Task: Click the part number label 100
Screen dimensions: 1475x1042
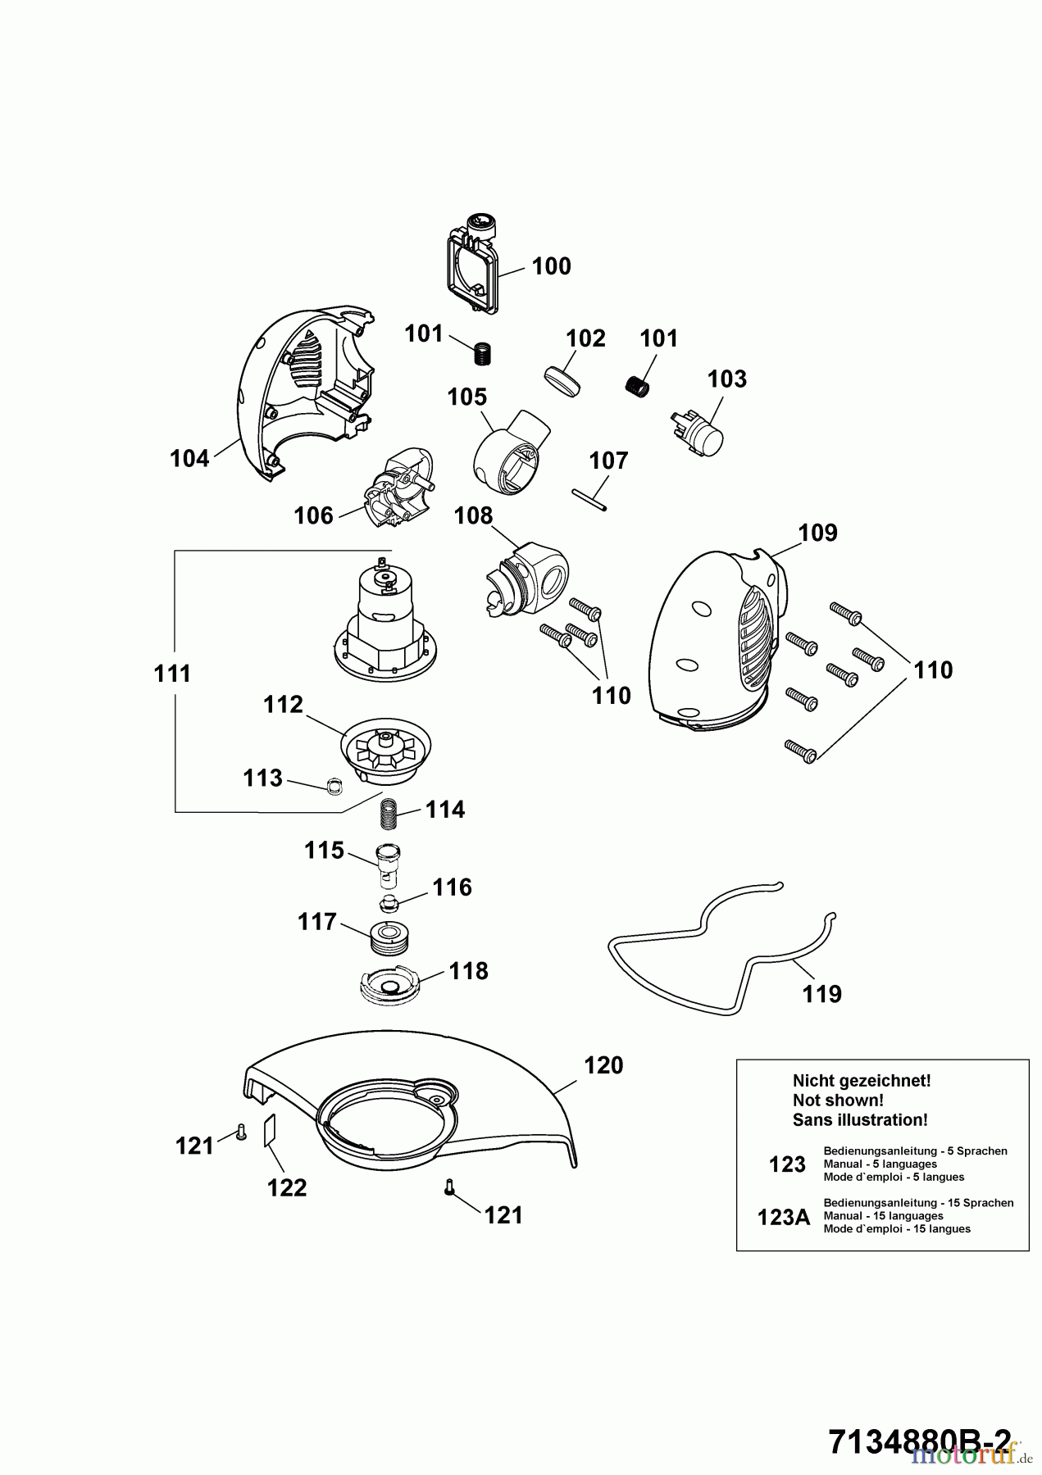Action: coord(551,266)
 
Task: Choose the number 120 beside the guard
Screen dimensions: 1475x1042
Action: coord(603,1065)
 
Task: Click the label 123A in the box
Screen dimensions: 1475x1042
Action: coord(784,1218)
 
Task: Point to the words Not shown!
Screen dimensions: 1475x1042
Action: coord(838,1101)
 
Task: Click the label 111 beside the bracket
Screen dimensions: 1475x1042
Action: coord(172,674)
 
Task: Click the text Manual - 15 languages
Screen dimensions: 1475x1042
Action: coord(884,1216)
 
